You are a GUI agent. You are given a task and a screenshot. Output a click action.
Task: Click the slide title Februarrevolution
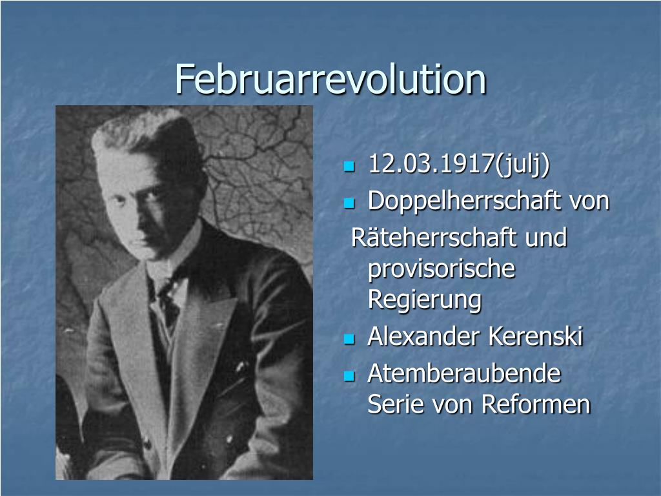[330, 79]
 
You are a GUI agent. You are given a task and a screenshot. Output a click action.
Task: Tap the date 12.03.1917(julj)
[458, 165]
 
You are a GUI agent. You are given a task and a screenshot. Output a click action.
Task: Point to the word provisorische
[442, 269]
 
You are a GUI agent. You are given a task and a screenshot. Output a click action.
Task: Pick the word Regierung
[424, 300]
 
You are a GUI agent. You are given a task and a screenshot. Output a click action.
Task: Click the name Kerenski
[535, 336]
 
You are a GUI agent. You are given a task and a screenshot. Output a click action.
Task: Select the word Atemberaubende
[463, 373]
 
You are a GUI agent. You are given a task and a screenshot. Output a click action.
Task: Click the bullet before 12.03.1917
[349, 167]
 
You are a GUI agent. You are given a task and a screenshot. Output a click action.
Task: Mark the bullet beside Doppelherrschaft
[349, 203]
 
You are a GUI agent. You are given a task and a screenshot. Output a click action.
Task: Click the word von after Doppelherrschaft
[589, 201]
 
